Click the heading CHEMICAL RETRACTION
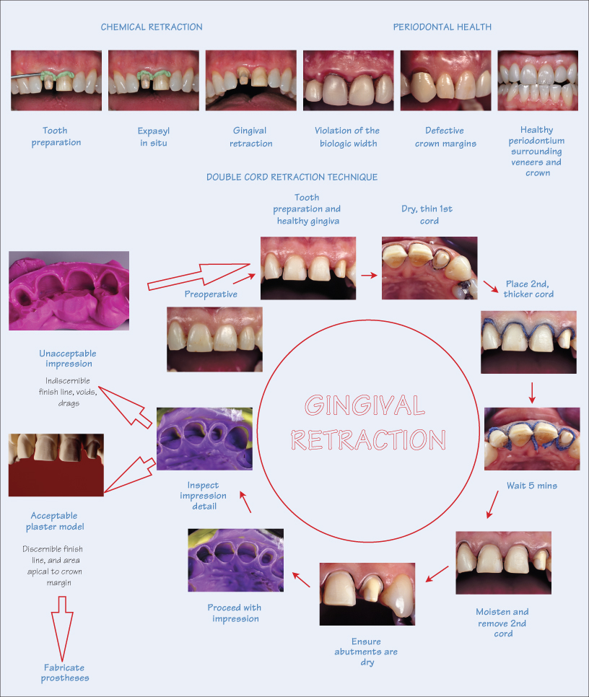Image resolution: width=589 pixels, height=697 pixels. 152,27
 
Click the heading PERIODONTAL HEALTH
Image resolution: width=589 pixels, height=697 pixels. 442,27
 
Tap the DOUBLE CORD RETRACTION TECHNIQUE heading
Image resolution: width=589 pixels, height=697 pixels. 292,177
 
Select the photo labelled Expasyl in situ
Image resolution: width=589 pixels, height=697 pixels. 152,80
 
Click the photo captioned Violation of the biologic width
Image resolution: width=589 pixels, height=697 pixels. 348,80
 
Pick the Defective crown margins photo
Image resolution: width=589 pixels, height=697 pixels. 445,80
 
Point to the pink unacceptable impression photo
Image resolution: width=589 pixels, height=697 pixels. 69,291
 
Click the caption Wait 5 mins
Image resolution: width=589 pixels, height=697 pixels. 531,486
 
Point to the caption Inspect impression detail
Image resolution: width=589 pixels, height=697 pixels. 208,496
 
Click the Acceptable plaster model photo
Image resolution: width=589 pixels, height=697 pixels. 56,464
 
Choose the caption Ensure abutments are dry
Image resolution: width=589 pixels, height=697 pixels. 367,652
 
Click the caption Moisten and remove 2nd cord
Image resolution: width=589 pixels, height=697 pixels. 503,623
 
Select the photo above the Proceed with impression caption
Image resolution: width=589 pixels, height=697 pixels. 235,561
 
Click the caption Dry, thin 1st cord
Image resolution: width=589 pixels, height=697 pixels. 427,215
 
